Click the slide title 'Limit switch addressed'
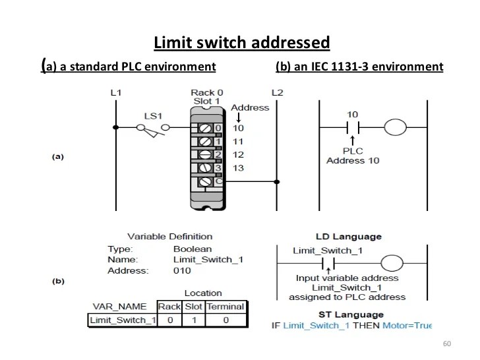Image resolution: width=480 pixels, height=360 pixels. coord(241,44)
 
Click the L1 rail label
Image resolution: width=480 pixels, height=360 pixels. coord(115,92)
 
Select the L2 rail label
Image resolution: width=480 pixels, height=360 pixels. coord(277,92)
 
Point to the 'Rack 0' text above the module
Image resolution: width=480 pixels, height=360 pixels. coord(207,92)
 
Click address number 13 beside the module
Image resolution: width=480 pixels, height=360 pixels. coord(238,168)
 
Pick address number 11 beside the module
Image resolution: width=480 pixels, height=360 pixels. coord(238,141)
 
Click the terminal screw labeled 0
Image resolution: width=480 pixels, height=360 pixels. coord(205,127)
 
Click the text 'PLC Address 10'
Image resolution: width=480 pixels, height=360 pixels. coord(353,156)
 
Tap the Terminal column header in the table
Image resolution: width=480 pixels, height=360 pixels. coord(225,307)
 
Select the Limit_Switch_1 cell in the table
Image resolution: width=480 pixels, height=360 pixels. coord(122,320)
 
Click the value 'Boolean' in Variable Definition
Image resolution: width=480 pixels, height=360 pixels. coord(193,249)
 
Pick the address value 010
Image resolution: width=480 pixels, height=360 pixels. coord(182,270)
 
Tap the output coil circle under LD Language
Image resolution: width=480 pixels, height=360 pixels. coord(392,264)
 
